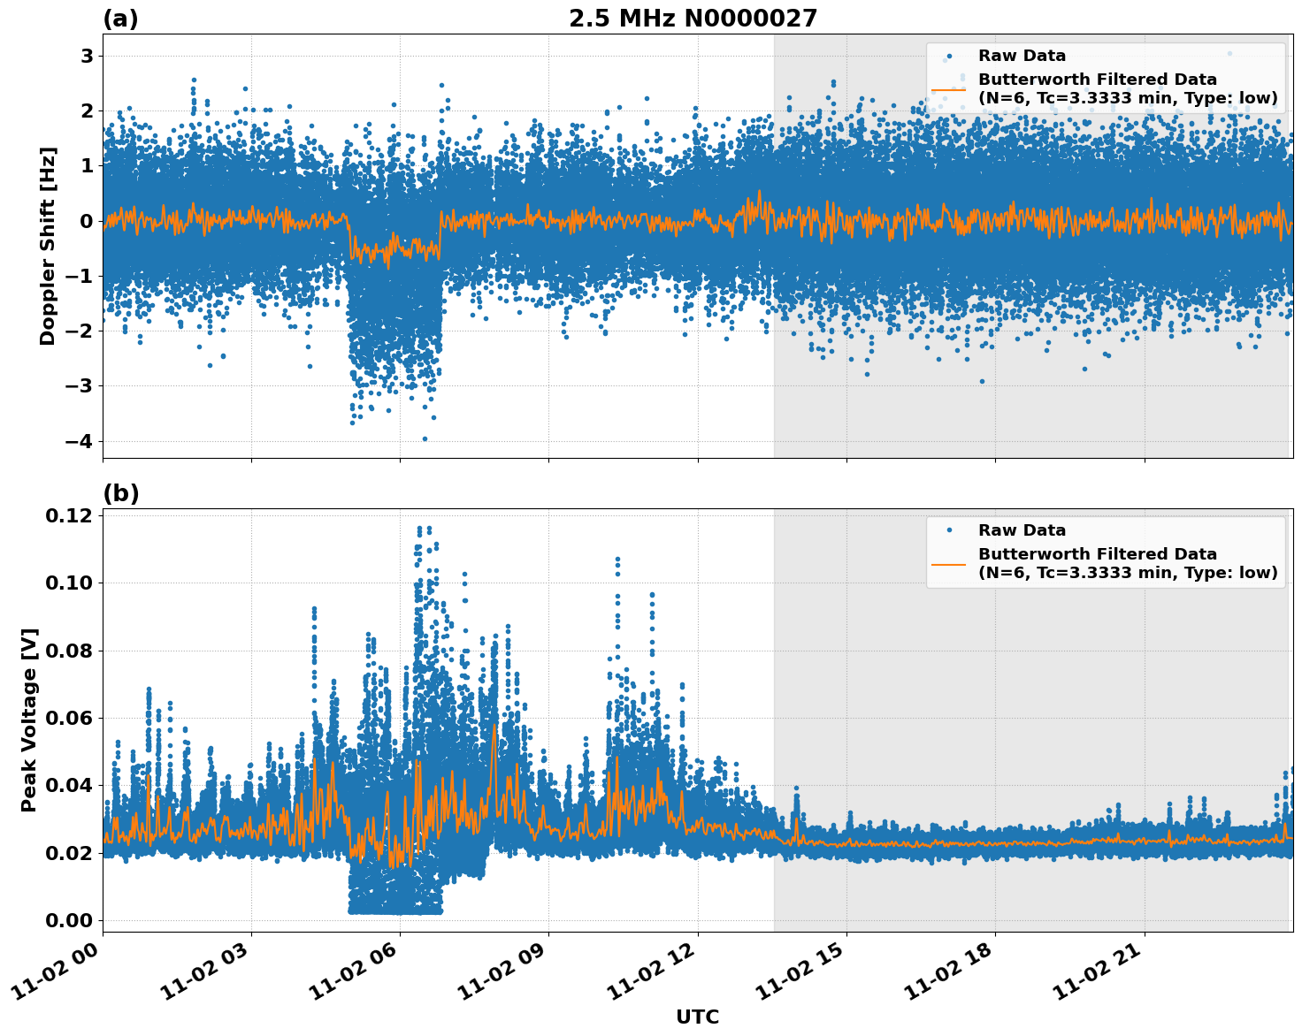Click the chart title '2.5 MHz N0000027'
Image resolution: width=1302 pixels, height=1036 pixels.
tap(693, 19)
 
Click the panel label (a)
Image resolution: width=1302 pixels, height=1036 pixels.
tap(120, 19)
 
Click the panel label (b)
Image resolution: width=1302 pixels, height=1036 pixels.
tap(120, 493)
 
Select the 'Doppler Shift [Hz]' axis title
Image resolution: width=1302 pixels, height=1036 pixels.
tap(48, 246)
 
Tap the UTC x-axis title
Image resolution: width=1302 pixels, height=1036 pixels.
tap(697, 1017)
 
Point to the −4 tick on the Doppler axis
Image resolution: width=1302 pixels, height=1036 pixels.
tap(80, 441)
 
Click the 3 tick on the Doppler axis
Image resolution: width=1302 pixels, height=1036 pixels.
tap(87, 56)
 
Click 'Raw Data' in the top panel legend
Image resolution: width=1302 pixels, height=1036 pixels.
tap(1022, 56)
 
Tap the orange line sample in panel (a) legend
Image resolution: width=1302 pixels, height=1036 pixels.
tap(949, 89)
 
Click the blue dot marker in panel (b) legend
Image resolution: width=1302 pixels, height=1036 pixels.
tap(949, 530)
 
